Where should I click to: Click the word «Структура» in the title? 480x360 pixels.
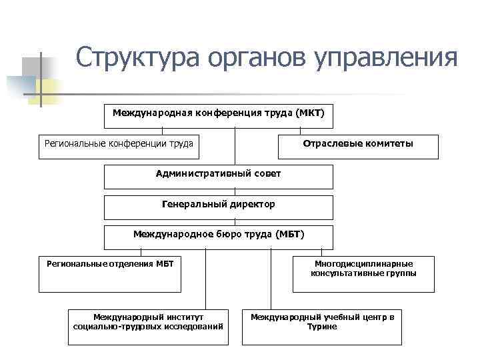click(137, 58)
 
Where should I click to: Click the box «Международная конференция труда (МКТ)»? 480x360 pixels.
click(218, 116)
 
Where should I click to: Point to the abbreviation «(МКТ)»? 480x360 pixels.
click(310, 113)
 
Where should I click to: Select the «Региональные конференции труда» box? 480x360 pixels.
click(118, 147)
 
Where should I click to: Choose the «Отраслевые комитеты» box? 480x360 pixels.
click(357, 147)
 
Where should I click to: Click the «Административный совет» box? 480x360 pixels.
click(218, 177)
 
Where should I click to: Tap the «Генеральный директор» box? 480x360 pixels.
click(218, 207)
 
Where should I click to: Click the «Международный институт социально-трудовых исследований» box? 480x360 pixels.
click(148, 326)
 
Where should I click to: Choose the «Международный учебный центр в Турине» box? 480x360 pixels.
click(322, 326)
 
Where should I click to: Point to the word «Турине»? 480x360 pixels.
click(322, 327)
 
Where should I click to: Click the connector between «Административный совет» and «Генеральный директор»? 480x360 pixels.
click(235, 192)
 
